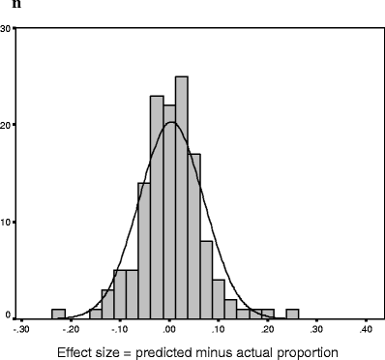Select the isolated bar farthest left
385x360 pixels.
[x=58, y=314]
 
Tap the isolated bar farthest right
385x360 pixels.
[x=292, y=314]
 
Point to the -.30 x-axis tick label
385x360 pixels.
[x=22, y=329]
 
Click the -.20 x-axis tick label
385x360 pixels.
[x=71, y=329]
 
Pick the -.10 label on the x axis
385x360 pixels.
[x=120, y=329]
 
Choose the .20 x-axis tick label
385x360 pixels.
[x=268, y=329]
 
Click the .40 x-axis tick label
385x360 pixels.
[x=366, y=329]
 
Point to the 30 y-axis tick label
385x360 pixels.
[x=7, y=27]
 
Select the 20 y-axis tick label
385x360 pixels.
[x=7, y=124]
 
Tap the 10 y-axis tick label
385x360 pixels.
[x=7, y=221]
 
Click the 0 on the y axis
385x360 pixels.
[x=9, y=315]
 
